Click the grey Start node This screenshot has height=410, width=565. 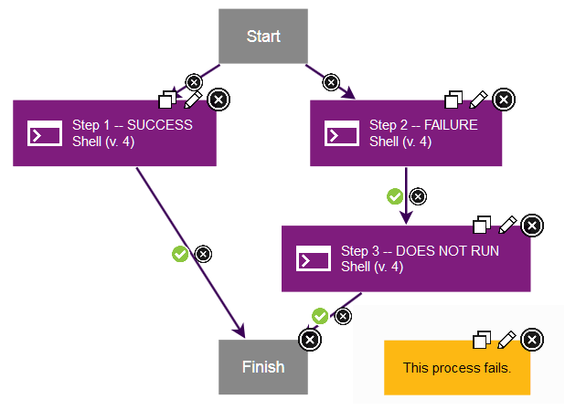(263, 37)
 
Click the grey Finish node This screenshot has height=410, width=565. (263, 367)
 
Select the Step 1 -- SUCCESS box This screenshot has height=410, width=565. (114, 133)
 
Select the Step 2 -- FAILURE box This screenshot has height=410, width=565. (406, 133)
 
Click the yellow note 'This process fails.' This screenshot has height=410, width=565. (457, 368)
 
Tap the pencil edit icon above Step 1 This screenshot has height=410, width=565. (194, 99)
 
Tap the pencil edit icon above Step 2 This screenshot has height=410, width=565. (479, 99)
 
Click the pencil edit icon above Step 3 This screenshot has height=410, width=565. (507, 225)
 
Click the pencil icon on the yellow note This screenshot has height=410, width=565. (507, 340)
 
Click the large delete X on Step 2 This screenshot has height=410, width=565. (503, 100)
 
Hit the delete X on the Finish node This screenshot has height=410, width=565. (310, 340)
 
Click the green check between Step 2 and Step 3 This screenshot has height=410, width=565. (395, 195)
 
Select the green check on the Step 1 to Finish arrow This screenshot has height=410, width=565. (180, 254)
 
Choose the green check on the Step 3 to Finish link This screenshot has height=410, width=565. (320, 316)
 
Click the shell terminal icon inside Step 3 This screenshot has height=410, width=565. (313, 258)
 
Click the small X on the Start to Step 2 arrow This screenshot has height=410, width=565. (331, 82)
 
